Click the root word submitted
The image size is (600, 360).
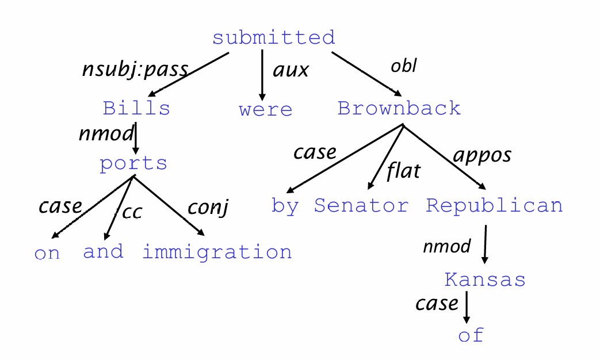[x=273, y=38]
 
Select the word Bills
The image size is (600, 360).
[x=136, y=108]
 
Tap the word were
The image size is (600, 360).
[x=265, y=109]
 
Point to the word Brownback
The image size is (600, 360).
[x=399, y=108]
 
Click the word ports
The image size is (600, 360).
[x=133, y=163]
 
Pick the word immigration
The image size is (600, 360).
[x=217, y=252]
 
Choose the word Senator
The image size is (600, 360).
[x=361, y=205]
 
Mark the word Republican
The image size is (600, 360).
[x=494, y=205]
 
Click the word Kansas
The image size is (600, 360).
[x=485, y=280]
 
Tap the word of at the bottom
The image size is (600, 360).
[x=471, y=335]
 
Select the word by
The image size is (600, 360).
[x=286, y=206]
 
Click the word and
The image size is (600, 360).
[x=103, y=251]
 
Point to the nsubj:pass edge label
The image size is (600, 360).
[x=135, y=70]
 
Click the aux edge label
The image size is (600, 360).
[x=291, y=70]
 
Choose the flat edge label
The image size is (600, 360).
[x=403, y=171]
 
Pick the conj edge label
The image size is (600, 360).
[x=208, y=208]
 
